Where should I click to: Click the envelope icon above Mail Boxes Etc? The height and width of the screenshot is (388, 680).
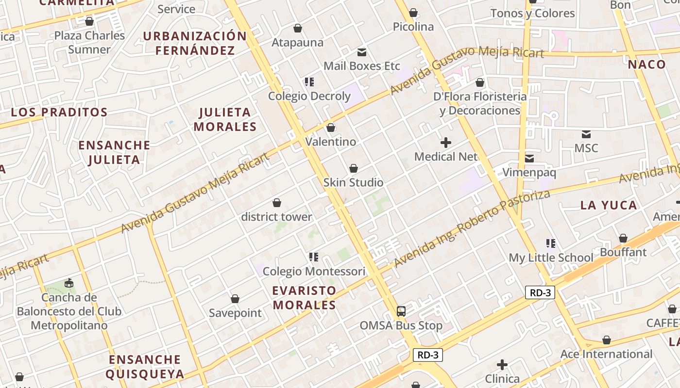point(362,52)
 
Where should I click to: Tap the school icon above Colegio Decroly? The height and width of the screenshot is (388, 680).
point(309,82)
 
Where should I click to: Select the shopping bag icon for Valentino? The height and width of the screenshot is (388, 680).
point(331,128)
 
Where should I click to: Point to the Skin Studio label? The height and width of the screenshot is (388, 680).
point(353,182)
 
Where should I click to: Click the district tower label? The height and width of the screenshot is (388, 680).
point(276,217)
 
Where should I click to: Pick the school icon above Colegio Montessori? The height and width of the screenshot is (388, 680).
point(313,257)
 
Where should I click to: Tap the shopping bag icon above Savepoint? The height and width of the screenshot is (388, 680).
point(235,299)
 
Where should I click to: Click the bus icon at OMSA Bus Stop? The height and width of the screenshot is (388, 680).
point(401,311)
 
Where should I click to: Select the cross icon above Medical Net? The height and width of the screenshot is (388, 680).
point(445,143)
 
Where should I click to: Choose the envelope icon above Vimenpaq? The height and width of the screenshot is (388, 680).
point(529,158)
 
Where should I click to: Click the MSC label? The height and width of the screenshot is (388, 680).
point(586,148)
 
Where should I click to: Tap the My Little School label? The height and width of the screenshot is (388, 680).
point(551,258)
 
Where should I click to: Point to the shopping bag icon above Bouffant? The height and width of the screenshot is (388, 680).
point(623,238)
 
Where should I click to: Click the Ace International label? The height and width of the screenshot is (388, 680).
point(606,354)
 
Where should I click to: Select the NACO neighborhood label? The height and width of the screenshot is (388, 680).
point(646,65)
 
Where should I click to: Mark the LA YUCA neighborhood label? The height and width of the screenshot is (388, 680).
point(609,205)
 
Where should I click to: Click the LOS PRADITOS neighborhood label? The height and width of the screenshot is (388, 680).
point(59,112)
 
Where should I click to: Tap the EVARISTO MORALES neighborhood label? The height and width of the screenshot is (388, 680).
point(304,298)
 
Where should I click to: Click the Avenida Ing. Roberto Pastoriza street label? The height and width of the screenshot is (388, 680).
point(472,228)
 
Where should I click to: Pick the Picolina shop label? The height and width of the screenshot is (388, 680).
point(413,27)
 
